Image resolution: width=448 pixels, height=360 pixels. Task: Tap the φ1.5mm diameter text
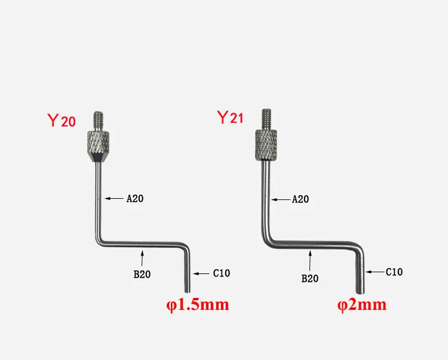[198, 305]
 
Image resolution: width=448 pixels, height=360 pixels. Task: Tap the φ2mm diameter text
[362, 305]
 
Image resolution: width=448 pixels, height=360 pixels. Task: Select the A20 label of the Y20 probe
[134, 199]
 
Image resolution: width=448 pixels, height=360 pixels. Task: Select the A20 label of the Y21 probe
[300, 199]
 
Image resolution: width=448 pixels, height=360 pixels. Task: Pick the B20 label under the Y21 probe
[309, 278]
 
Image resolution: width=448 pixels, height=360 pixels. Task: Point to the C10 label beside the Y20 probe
[221, 273]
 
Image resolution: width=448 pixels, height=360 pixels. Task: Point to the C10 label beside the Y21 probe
[394, 272]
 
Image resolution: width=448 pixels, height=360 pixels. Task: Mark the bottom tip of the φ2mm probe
[361, 290]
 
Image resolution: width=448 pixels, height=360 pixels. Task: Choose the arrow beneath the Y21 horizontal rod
[309, 260]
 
